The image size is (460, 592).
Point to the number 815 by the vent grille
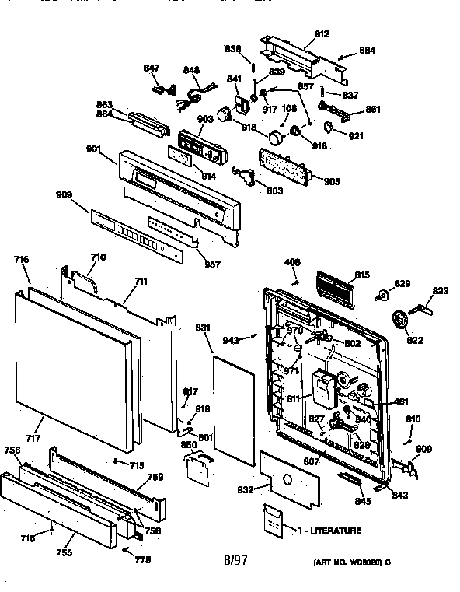tap(361, 275)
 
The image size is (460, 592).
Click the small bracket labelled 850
tap(199, 465)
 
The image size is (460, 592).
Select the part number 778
tap(143, 559)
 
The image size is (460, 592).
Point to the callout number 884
tap(367, 51)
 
